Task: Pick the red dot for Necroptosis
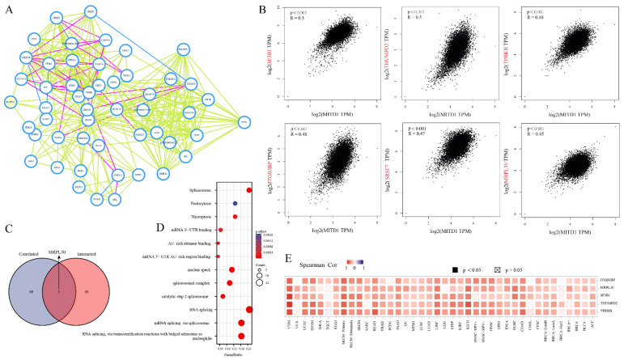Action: pyautogui.click(x=235, y=217)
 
